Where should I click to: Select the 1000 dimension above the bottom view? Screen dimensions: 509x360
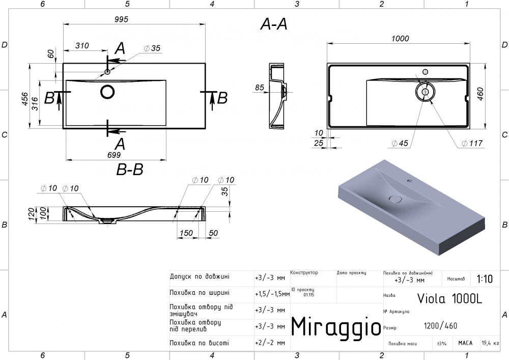(401, 38)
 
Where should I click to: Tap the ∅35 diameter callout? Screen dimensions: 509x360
(152, 48)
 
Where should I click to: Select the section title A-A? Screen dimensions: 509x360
(274, 24)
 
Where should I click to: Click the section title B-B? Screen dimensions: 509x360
(130, 170)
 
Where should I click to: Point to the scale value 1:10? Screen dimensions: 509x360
(485, 279)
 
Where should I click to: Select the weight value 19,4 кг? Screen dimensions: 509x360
(491, 344)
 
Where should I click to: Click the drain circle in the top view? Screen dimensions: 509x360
(108, 92)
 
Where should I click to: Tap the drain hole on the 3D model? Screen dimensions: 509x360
(395, 199)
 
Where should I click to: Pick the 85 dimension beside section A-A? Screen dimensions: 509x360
(260, 88)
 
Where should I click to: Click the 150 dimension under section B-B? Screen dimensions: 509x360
(186, 233)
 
